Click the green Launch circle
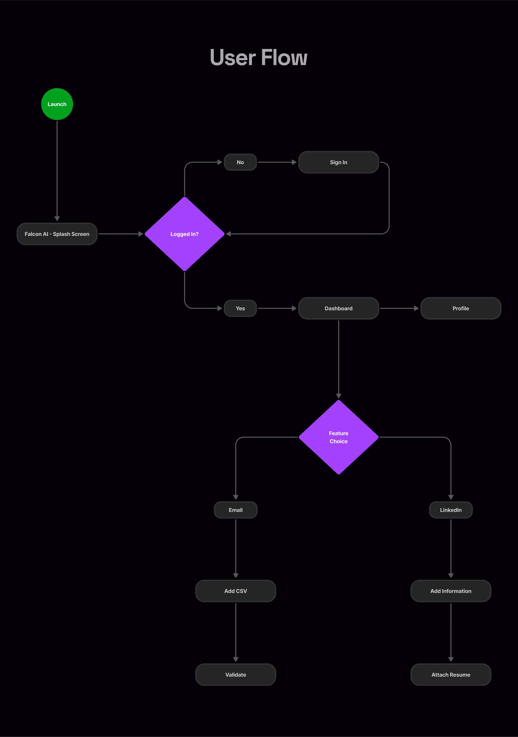57,104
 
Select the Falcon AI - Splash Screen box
57,234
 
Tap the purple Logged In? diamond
185,234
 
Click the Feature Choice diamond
339,437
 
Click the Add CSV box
236,591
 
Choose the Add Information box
451,591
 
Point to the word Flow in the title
284,58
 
